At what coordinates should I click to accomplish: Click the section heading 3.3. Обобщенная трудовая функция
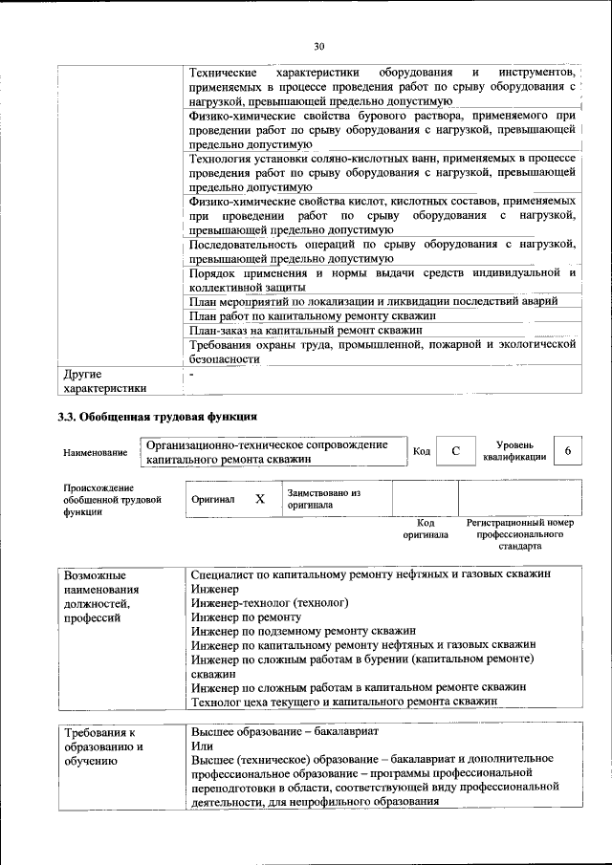(x=157, y=416)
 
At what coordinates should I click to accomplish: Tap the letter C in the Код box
(x=456, y=450)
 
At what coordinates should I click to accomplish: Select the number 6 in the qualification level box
(x=568, y=450)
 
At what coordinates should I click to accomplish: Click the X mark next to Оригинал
(x=259, y=499)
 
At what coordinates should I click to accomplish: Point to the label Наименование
(x=95, y=452)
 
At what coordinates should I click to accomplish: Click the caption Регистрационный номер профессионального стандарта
(x=519, y=535)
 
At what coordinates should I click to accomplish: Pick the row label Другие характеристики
(x=104, y=380)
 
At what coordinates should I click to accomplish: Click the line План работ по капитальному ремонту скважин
(x=313, y=314)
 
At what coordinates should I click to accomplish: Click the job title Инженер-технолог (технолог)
(x=270, y=603)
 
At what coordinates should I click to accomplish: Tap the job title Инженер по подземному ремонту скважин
(x=303, y=631)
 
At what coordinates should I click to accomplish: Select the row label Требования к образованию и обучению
(x=104, y=746)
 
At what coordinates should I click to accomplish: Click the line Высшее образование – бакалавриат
(x=285, y=731)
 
